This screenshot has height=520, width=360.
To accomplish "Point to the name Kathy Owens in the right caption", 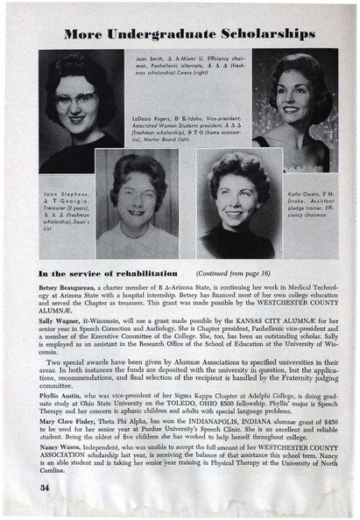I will pos(304,187).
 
